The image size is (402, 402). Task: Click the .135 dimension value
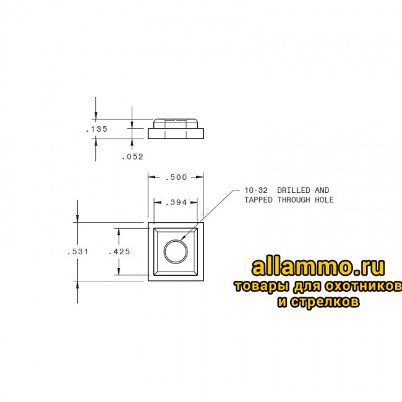click(x=97, y=129)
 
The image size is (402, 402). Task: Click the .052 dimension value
click(x=132, y=156)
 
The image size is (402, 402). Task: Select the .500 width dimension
click(x=176, y=177)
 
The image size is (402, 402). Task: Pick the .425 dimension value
click(x=118, y=252)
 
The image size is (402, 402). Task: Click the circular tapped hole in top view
click(x=176, y=252)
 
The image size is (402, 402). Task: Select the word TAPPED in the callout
click(x=259, y=200)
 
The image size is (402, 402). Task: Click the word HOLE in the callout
click(x=323, y=200)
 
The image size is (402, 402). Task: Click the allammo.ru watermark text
click(x=319, y=267)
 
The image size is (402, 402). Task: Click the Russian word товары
click(x=258, y=288)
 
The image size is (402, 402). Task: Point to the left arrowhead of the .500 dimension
click(x=150, y=177)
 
